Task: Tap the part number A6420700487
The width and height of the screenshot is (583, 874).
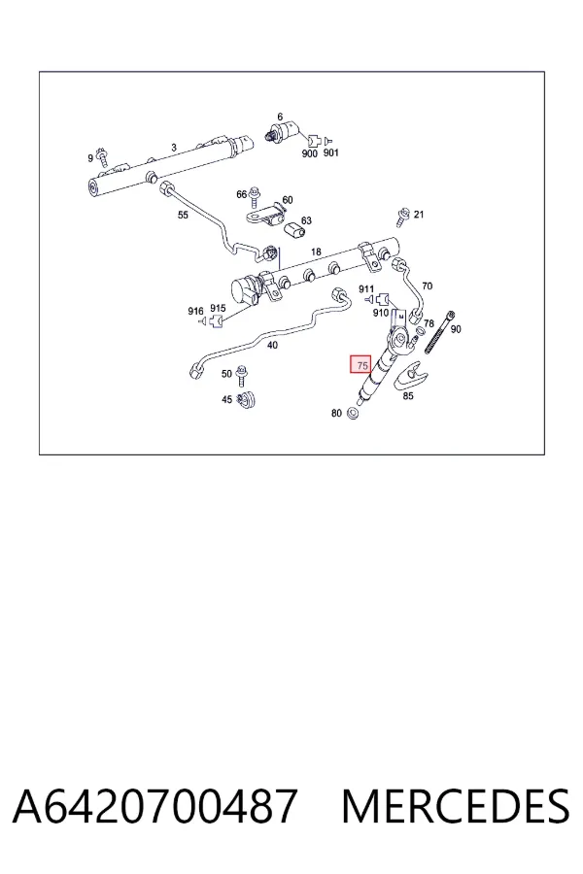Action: (x=154, y=806)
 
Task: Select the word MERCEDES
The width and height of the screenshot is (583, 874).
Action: (x=456, y=806)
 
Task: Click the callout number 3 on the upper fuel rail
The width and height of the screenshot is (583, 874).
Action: (x=174, y=148)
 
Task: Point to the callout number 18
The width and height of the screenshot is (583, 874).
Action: (x=316, y=252)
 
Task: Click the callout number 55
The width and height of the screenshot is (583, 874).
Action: (x=183, y=216)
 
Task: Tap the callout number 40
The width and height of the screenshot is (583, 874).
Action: (x=272, y=345)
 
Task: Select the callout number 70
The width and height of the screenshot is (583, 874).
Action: (x=427, y=286)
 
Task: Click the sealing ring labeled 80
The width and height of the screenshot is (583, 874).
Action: (x=353, y=413)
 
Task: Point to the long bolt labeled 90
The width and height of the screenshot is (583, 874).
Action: (x=439, y=332)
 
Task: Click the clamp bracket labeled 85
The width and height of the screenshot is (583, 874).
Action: (x=410, y=376)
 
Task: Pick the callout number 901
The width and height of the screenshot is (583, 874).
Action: (x=330, y=152)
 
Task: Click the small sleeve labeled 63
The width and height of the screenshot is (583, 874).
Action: (x=294, y=229)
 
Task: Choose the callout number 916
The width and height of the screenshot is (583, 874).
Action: (x=195, y=311)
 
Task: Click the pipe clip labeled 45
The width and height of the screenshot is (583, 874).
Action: (x=247, y=400)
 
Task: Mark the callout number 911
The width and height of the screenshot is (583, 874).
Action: (x=366, y=288)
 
